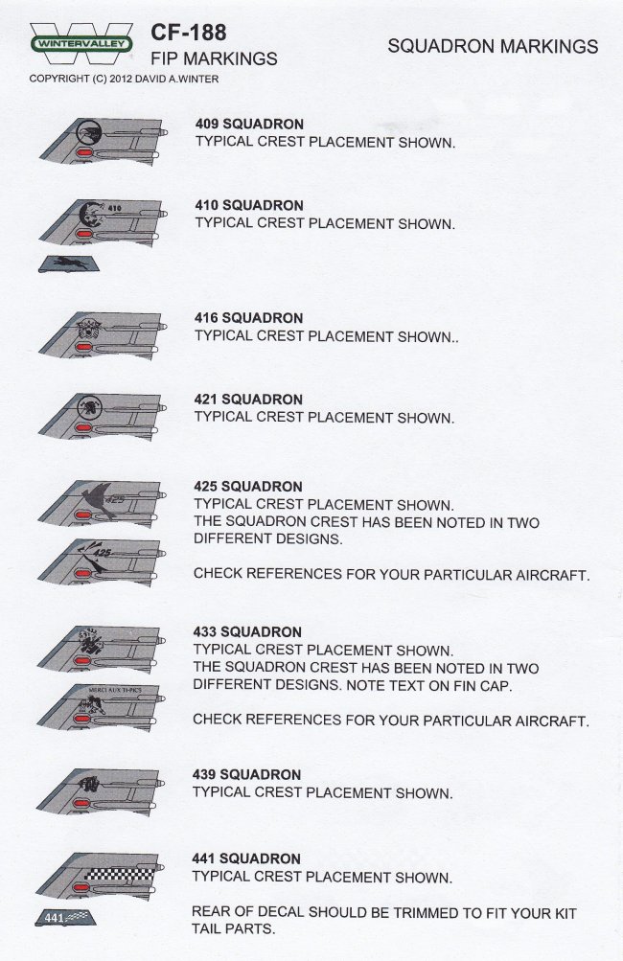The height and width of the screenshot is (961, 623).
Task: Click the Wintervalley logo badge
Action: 81,42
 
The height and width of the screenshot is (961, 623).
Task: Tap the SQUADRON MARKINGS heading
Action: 493,47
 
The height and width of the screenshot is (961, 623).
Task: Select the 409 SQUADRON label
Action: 249,125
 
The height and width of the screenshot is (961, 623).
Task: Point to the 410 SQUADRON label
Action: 249,205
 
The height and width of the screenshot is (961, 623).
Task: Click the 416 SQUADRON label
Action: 248,317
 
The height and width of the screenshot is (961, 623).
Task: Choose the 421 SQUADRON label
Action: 248,399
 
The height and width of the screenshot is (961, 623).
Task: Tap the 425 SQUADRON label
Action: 248,486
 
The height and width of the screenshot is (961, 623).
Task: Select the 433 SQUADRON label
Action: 248,632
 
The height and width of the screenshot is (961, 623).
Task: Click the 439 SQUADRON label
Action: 247,774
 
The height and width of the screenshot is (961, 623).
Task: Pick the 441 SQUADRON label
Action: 246,858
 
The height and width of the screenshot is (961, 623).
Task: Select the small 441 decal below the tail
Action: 67,918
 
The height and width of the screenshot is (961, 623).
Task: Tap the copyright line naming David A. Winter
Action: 124,79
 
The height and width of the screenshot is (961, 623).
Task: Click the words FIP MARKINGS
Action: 215,59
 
